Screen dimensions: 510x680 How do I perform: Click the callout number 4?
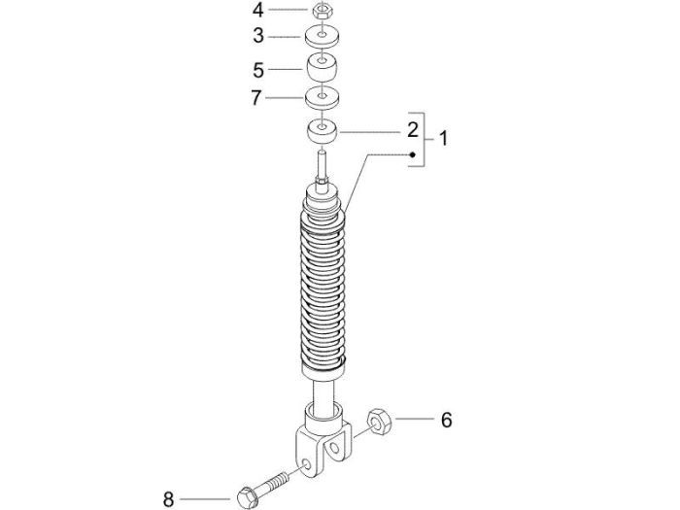pyautogui.click(x=258, y=11)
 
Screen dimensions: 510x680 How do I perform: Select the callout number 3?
pyautogui.click(x=258, y=37)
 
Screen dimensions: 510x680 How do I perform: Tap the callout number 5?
pyautogui.click(x=258, y=70)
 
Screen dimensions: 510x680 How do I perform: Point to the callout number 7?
pyautogui.click(x=258, y=98)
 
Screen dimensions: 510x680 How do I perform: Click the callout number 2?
pyautogui.click(x=413, y=130)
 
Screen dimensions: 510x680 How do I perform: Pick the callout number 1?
pyautogui.click(x=444, y=139)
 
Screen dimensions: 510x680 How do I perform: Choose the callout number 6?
pyautogui.click(x=446, y=421)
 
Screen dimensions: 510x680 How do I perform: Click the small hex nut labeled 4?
pyautogui.click(x=322, y=12)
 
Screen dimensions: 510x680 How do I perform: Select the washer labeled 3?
pyautogui.click(x=322, y=37)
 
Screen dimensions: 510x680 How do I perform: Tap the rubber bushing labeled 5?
pyautogui.click(x=322, y=69)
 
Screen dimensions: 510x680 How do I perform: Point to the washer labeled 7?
pyautogui.click(x=322, y=98)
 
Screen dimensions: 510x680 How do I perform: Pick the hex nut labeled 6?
pyautogui.click(x=379, y=422)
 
